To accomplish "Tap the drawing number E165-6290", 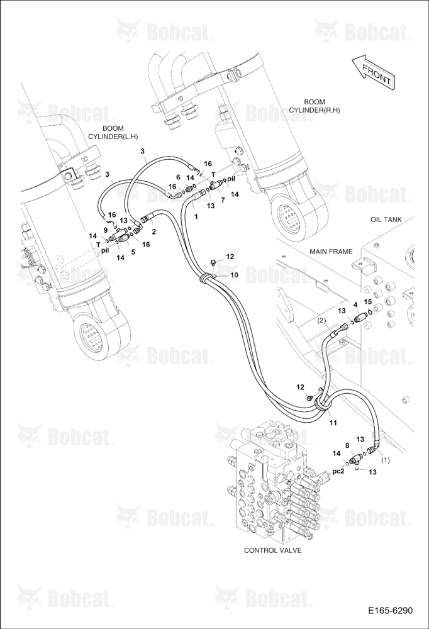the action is (x=390, y=611).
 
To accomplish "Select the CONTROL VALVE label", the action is (x=273, y=550).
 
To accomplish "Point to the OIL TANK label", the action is (x=386, y=220).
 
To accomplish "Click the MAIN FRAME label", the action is (x=331, y=252).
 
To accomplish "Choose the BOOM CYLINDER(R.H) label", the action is (x=315, y=106).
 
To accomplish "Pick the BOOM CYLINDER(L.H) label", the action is (x=113, y=133).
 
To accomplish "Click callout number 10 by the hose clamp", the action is (x=233, y=275).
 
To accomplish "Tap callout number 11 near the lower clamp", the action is (x=333, y=423).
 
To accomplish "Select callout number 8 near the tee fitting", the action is (x=347, y=445).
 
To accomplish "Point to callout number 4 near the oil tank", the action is (x=355, y=304).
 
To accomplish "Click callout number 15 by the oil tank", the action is (x=368, y=301).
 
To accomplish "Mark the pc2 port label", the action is (x=338, y=471).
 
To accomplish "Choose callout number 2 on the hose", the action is (x=153, y=232).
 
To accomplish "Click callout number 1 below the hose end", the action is (x=196, y=216).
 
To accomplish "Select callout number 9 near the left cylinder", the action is (x=105, y=230).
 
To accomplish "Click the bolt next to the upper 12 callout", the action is (x=213, y=263).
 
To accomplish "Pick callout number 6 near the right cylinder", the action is (x=178, y=177).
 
